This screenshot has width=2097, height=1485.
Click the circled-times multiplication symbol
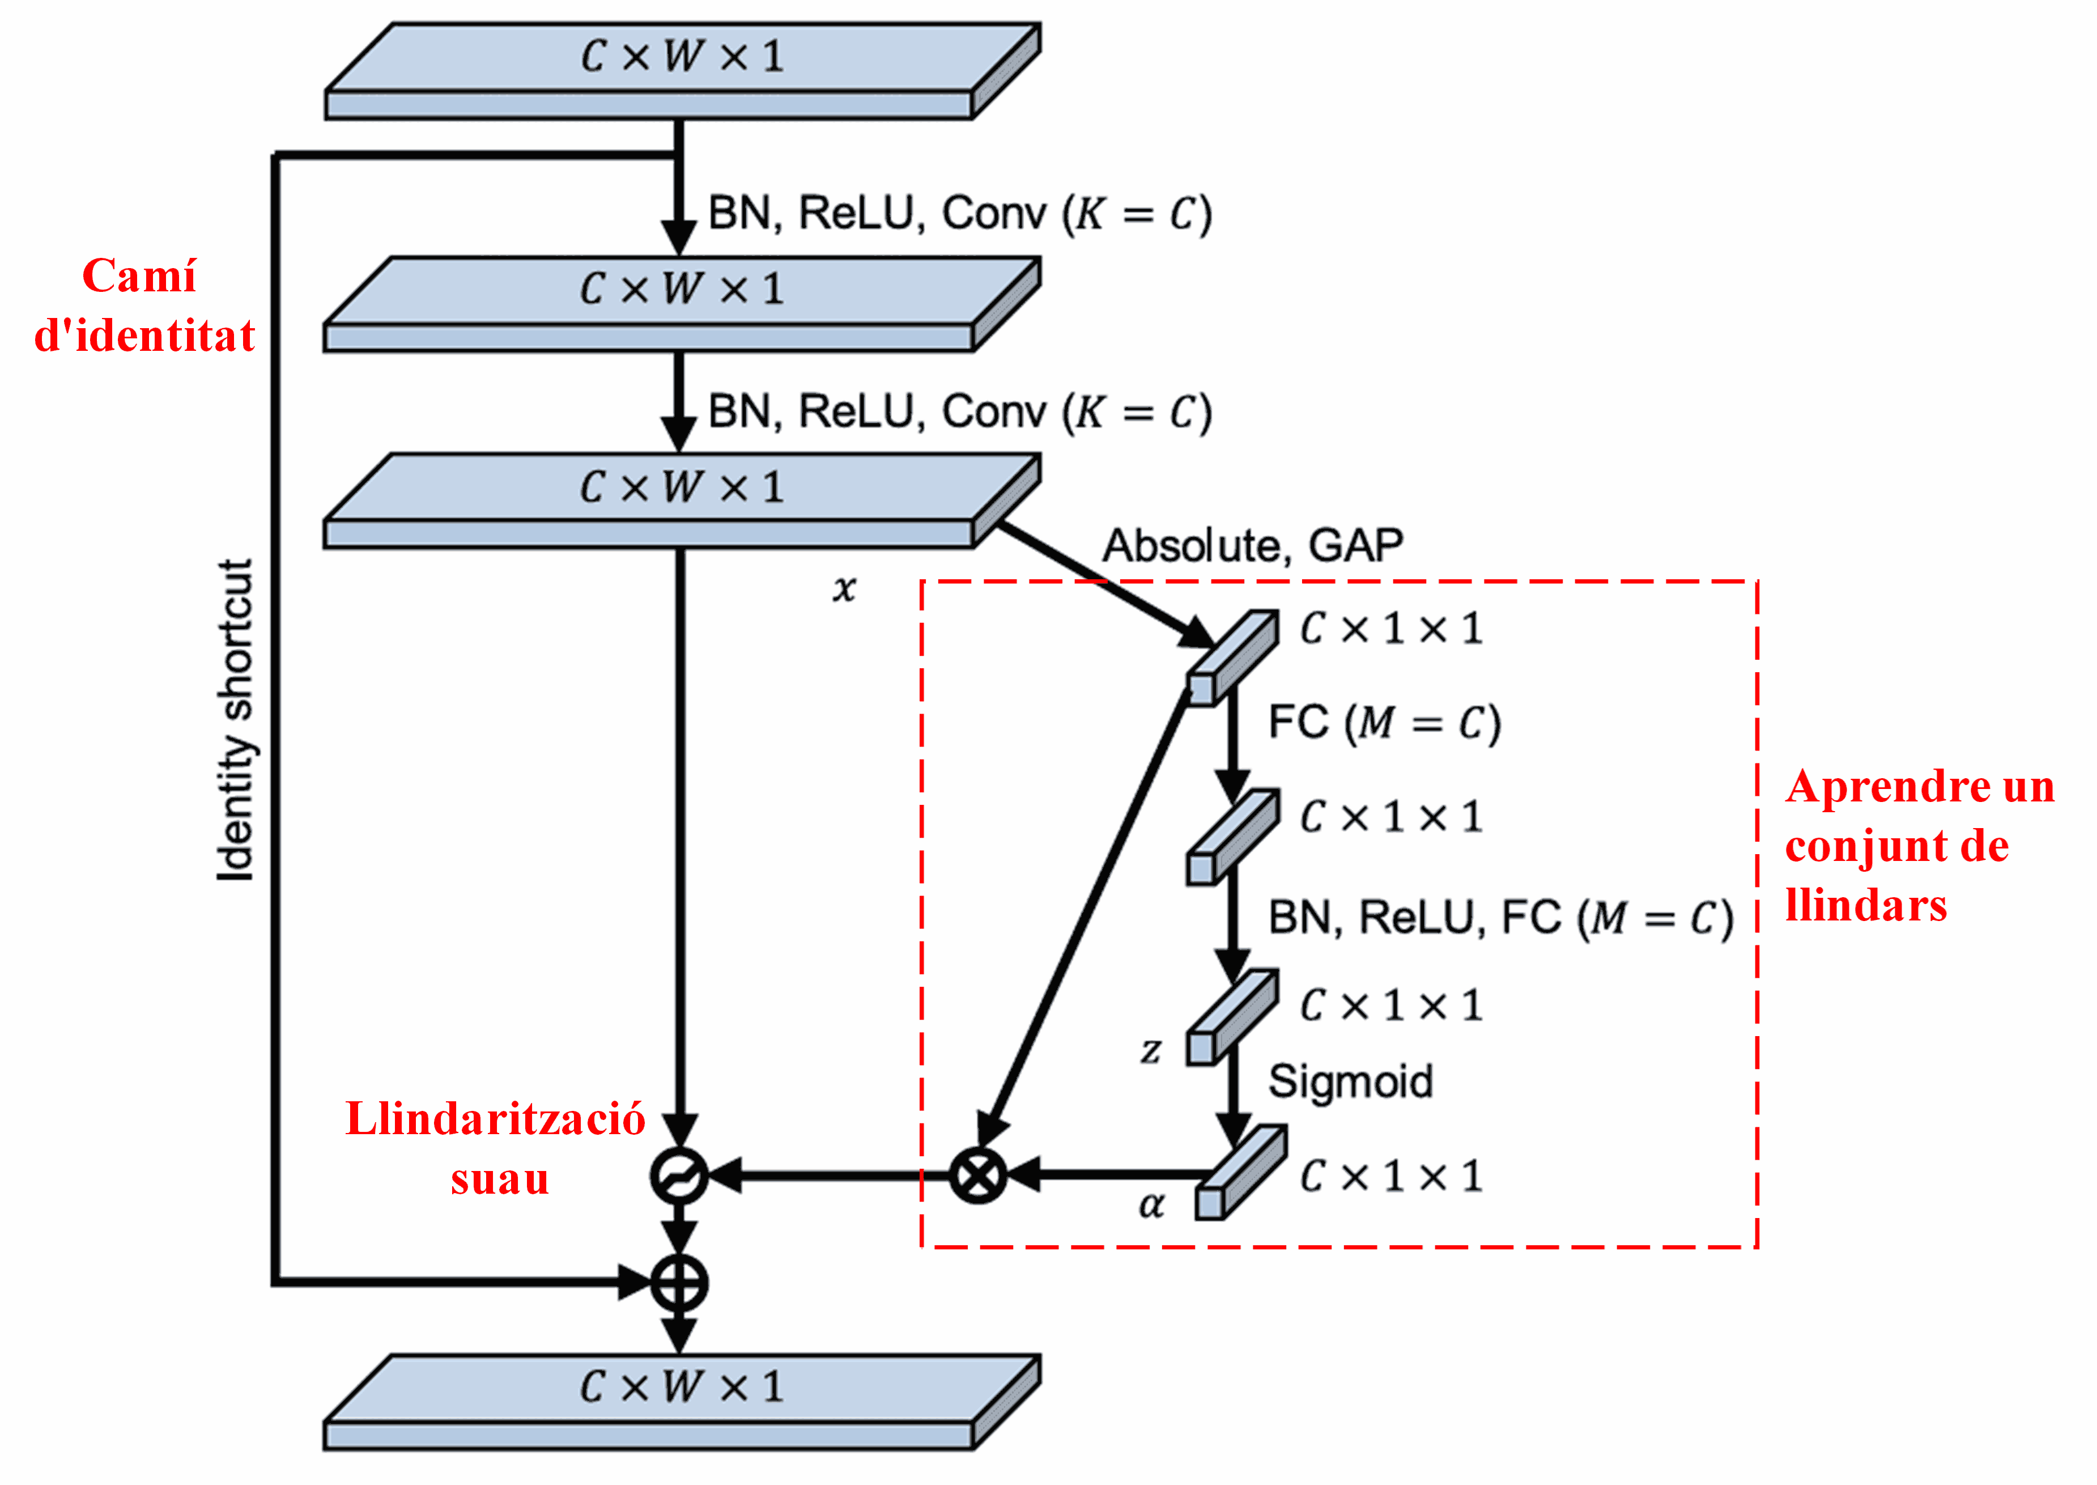tap(977, 1175)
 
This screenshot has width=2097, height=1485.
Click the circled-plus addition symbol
tap(678, 1282)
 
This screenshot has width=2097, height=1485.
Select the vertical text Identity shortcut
tap(236, 720)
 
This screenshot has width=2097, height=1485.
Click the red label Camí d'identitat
tap(143, 306)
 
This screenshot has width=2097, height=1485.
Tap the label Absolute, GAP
tap(1252, 546)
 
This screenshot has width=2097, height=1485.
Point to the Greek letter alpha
tap(1151, 1205)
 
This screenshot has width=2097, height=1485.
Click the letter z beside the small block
tap(1151, 1051)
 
